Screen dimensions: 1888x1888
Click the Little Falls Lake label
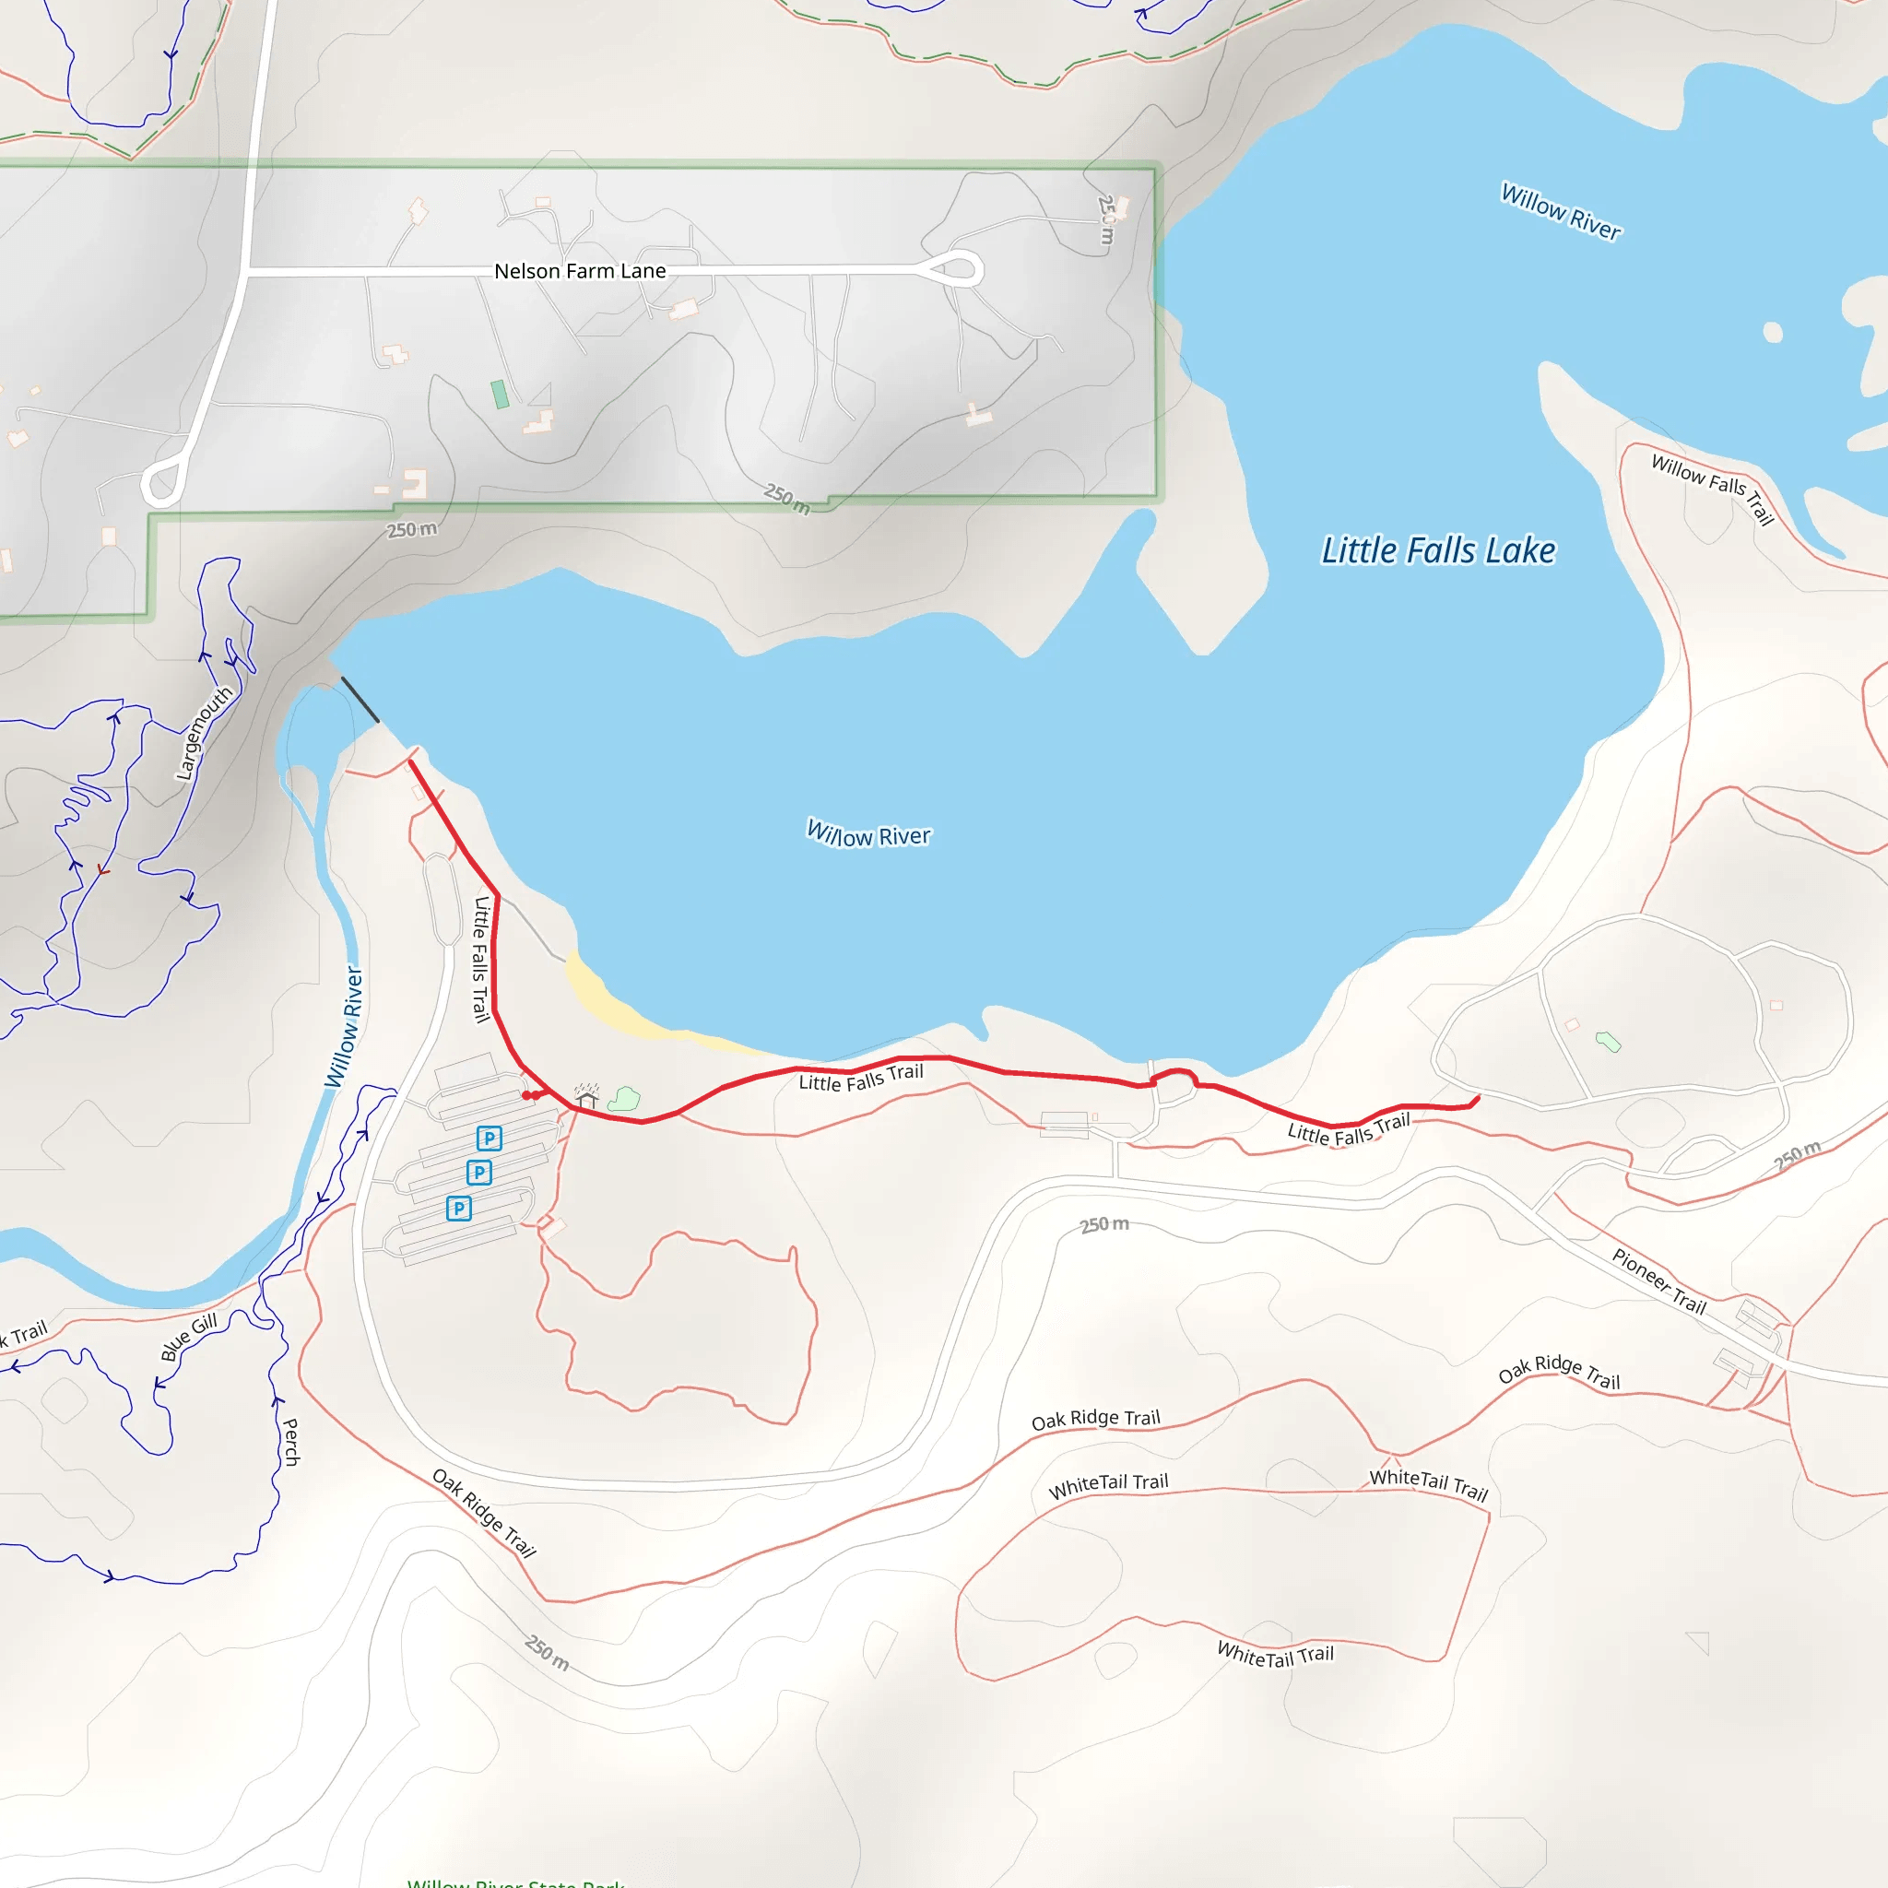1437,551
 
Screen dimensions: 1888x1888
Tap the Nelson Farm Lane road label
580,271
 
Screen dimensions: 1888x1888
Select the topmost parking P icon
490,1138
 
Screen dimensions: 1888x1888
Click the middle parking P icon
478,1172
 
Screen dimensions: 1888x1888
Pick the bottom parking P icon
458,1209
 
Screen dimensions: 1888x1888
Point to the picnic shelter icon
586,1095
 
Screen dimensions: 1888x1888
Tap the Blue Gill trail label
189,1337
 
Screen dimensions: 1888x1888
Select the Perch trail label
290,1442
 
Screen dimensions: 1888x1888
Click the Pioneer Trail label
1658,1281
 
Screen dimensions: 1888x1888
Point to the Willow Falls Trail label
1712,489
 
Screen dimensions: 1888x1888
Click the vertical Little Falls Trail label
481,959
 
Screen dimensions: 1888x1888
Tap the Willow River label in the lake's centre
867,834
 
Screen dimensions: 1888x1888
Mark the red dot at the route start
527,1095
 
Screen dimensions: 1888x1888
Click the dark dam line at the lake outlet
360,700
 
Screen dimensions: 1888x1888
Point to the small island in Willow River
1773,332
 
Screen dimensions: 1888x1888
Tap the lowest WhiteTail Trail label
1274,1655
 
